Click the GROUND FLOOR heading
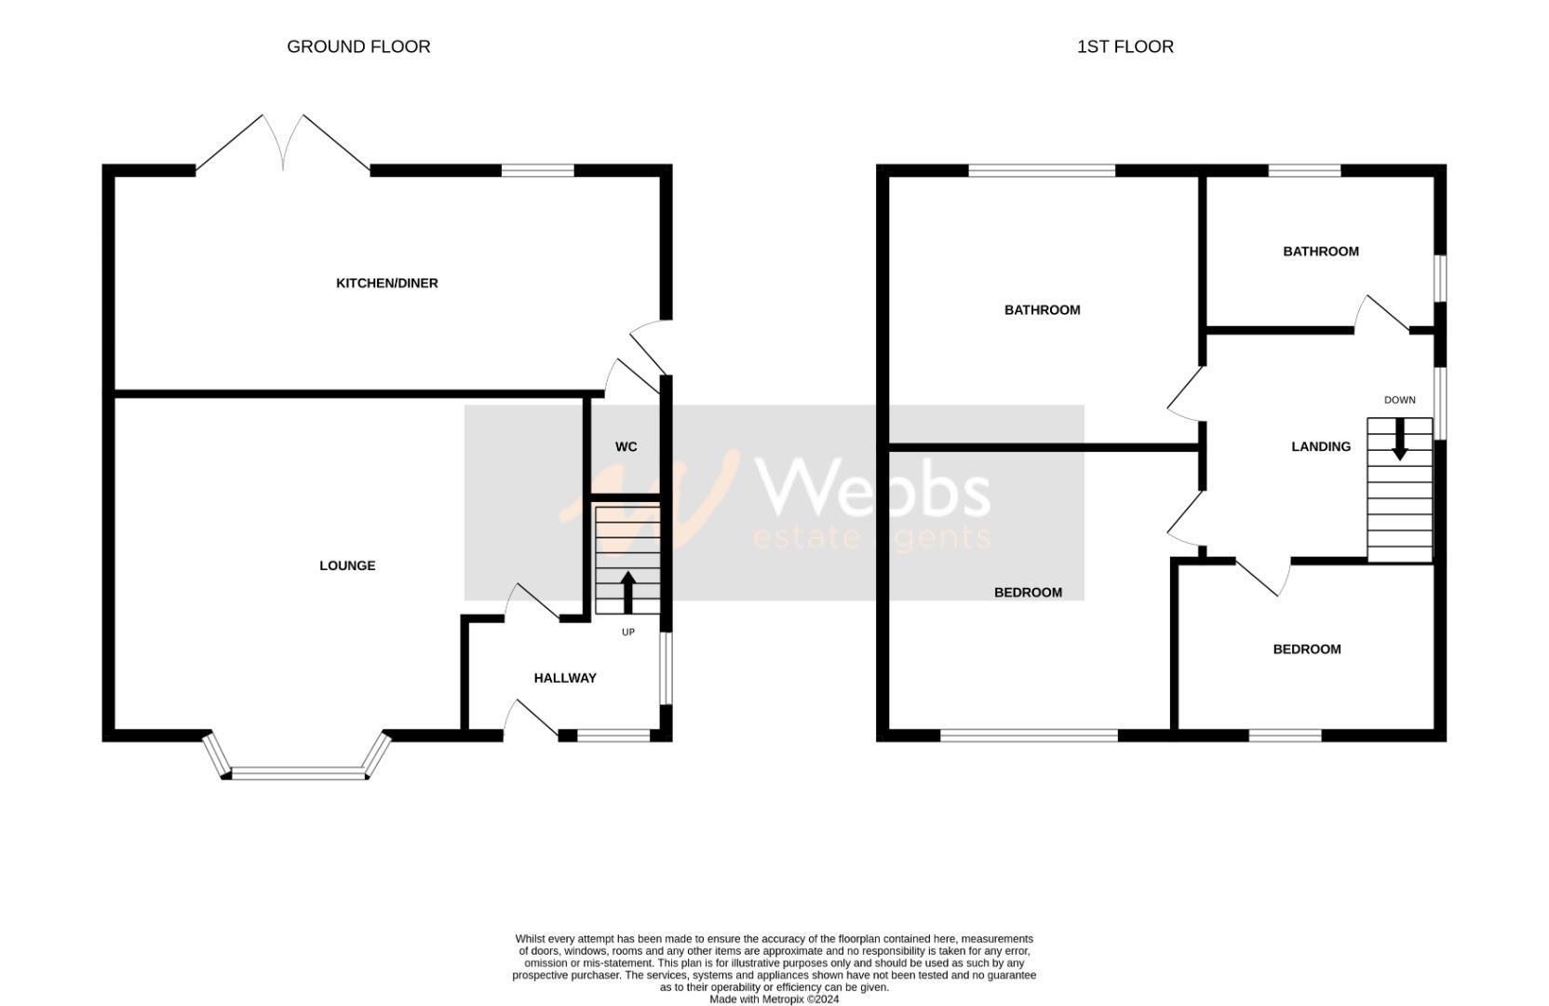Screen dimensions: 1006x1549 pos(358,47)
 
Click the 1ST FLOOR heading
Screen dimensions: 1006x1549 pos(1125,47)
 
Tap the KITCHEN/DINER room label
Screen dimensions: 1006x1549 pos(386,283)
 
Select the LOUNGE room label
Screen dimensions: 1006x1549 pos(347,565)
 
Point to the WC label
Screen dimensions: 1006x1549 pos(626,447)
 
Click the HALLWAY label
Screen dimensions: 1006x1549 pos(565,678)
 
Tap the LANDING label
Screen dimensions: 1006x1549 pos(1320,447)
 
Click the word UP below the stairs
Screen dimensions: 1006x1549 pos(628,632)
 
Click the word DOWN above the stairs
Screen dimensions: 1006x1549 pos(1399,401)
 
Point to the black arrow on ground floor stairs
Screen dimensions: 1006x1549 pos(627,591)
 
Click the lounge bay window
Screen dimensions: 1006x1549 pos(298,772)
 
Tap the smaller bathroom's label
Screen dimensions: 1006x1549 pos(1320,251)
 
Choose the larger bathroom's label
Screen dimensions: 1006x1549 pos(1042,310)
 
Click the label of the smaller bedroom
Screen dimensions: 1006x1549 pos(1306,649)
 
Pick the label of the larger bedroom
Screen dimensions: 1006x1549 pos(1028,592)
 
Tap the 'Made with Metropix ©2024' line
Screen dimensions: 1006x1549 pos(774,999)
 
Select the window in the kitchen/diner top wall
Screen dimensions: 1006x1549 pos(537,170)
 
